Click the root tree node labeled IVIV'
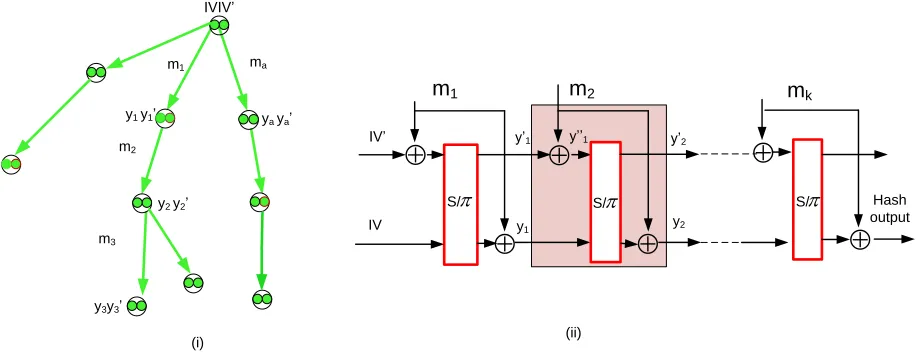point(220,25)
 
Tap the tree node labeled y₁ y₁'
point(165,118)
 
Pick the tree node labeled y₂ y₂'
point(142,203)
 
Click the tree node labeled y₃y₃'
point(137,306)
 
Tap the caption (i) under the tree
point(197,343)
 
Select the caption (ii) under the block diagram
point(573,334)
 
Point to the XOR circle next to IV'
point(415,155)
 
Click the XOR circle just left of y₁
point(504,244)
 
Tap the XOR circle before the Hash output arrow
point(859,240)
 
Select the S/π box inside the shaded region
point(605,201)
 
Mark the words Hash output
point(891,209)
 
